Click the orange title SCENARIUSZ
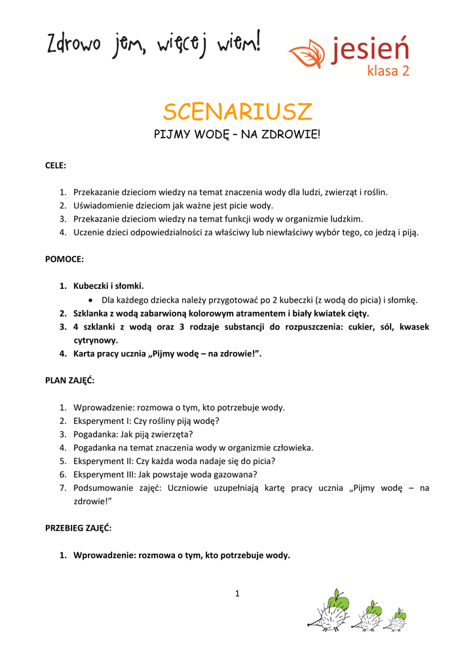pyautogui.click(x=237, y=112)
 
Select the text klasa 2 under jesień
pyautogui.click(x=388, y=71)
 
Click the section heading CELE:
pyautogui.click(x=56, y=166)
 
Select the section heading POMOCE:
pyautogui.click(x=64, y=259)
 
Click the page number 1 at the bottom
pyautogui.click(x=237, y=594)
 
